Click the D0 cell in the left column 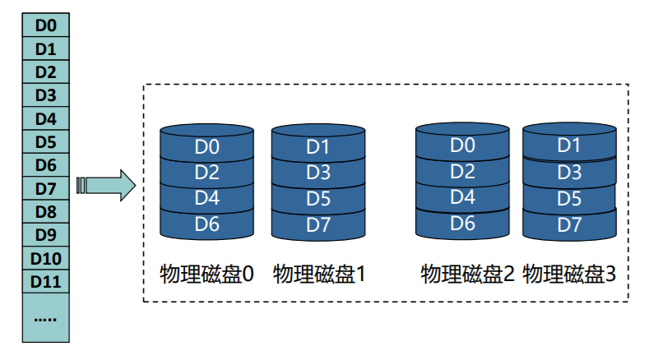click(x=46, y=25)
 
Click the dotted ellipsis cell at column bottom click(x=46, y=317)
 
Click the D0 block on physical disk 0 click(x=206, y=148)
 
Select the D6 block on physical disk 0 click(x=206, y=224)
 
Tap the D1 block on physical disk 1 click(x=318, y=148)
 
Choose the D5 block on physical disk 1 click(x=318, y=199)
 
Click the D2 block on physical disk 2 click(x=463, y=172)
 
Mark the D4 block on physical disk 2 click(x=463, y=197)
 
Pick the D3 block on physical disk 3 click(x=569, y=173)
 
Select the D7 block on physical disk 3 click(x=569, y=224)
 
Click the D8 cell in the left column click(x=46, y=212)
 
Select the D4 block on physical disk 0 click(x=206, y=199)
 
